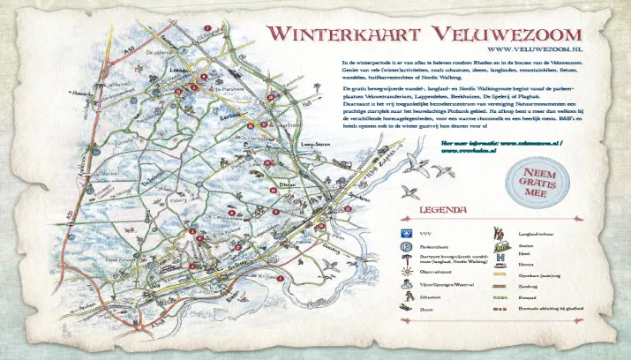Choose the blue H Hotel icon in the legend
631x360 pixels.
pyautogui.click(x=500, y=253)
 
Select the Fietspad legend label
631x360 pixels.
pyautogui.click(x=527, y=298)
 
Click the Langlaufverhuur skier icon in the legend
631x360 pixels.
pyautogui.click(x=500, y=232)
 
